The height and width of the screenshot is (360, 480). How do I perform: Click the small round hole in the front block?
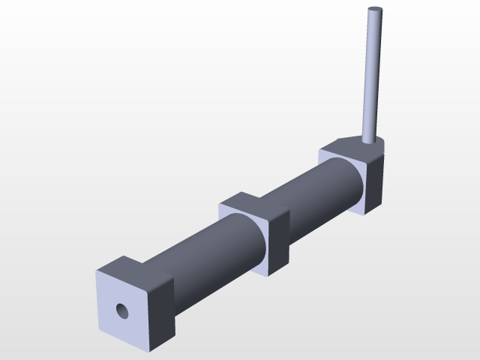[121, 309]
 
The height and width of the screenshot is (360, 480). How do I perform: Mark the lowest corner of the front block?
[151, 350]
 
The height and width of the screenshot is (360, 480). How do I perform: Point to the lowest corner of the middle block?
[269, 275]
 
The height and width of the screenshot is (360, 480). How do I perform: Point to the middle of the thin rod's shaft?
[371, 75]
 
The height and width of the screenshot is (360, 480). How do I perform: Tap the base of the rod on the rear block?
[367, 139]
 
